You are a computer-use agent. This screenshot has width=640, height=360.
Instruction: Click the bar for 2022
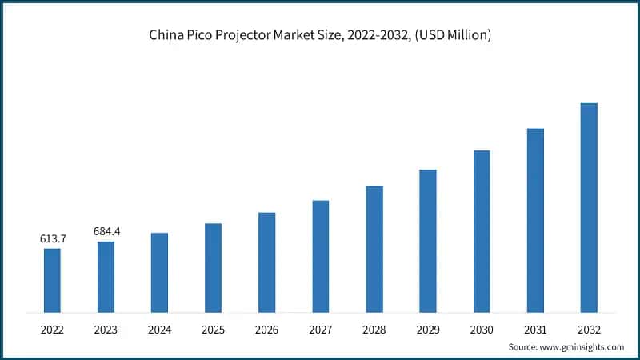[x=52, y=280]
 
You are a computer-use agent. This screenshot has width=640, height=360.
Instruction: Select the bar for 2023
[x=106, y=277]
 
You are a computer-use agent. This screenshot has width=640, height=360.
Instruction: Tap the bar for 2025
[x=213, y=267]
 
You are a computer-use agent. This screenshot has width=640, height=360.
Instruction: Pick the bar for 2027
[x=320, y=256]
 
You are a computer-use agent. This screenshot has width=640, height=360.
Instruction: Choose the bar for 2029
[x=428, y=240]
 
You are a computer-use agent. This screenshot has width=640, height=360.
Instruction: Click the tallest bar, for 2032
[x=589, y=207]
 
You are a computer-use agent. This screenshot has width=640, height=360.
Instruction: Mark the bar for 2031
[x=535, y=220]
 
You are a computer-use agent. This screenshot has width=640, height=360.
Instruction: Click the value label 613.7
[x=52, y=238]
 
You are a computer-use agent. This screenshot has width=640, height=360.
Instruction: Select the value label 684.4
[x=106, y=231]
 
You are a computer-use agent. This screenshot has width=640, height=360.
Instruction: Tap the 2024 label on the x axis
[x=159, y=329]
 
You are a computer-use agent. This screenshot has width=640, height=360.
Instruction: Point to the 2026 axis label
[x=266, y=329]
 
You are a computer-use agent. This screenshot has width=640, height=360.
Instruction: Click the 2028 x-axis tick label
[x=374, y=329]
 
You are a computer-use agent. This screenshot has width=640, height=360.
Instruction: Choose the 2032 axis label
[x=589, y=329]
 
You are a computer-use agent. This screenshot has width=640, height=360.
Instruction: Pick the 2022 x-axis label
[x=52, y=329]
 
